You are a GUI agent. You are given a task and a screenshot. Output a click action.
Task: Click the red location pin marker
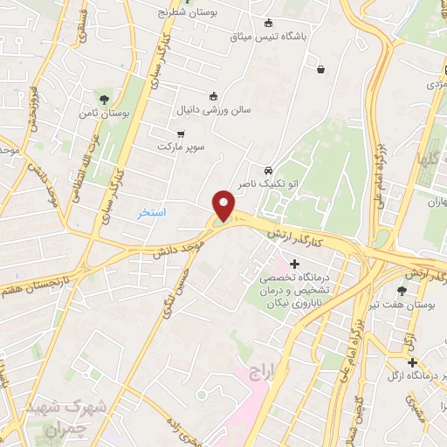pos(224,206)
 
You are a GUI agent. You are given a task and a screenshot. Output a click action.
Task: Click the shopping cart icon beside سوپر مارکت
pos(181,134)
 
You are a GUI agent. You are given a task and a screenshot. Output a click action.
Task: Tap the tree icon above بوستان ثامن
pos(106,100)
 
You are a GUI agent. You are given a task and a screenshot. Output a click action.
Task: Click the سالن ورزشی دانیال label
pos(213,111)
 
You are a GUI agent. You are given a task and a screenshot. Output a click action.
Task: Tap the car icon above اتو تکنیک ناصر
pos(267,170)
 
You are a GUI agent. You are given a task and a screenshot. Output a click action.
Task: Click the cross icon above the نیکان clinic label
pos(294,264)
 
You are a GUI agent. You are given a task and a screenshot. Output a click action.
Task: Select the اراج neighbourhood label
pos(262,372)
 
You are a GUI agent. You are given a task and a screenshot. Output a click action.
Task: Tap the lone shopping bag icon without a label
pos(322,69)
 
